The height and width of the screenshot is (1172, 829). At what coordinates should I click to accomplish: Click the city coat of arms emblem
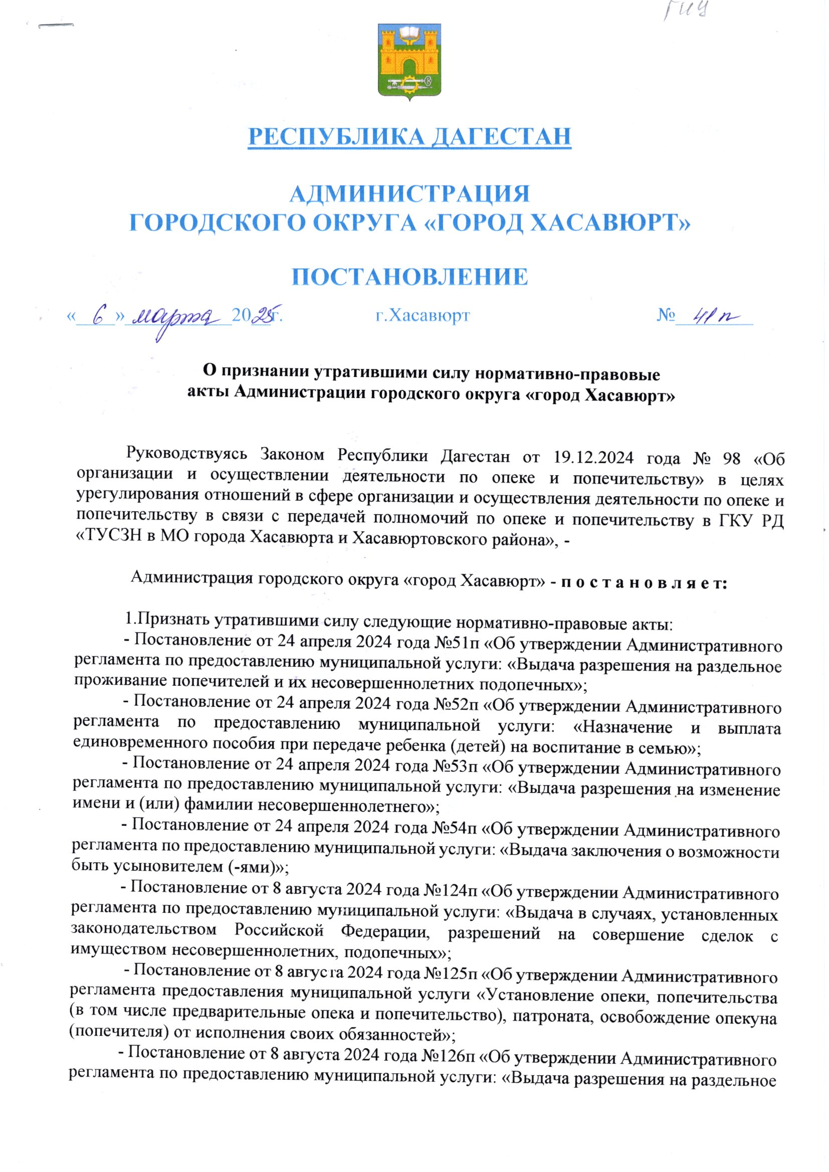point(409,61)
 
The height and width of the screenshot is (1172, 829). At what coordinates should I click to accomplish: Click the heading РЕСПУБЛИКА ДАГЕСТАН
point(409,136)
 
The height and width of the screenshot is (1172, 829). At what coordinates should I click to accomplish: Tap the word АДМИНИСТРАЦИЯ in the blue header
point(410,194)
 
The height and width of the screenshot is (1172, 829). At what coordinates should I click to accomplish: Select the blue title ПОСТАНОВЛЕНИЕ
point(410,276)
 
